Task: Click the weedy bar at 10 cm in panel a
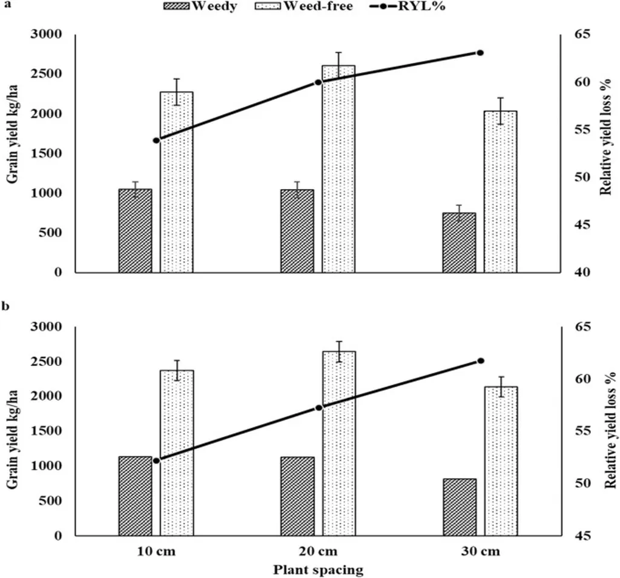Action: (135, 230)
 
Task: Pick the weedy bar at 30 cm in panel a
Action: (460, 242)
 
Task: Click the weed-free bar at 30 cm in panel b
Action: (500, 460)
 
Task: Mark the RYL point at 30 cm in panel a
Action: (480, 53)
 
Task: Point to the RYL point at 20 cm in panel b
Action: (319, 407)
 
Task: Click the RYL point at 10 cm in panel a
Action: (156, 141)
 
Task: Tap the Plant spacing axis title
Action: (318, 570)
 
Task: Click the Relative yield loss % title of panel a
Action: (603, 153)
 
